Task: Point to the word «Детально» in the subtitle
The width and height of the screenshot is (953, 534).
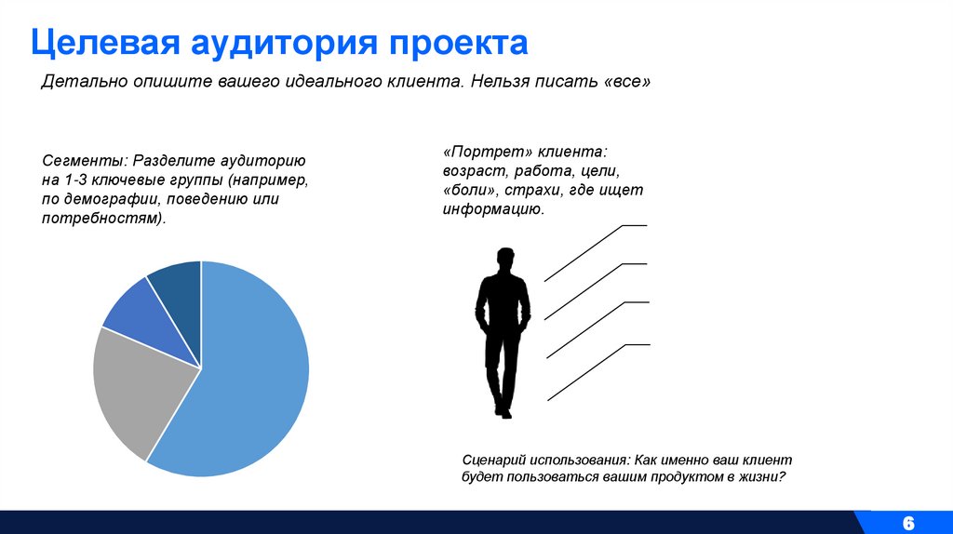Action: [x=77, y=82]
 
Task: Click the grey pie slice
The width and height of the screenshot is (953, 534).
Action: [x=135, y=391]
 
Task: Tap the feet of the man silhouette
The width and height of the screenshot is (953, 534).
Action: [x=503, y=410]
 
